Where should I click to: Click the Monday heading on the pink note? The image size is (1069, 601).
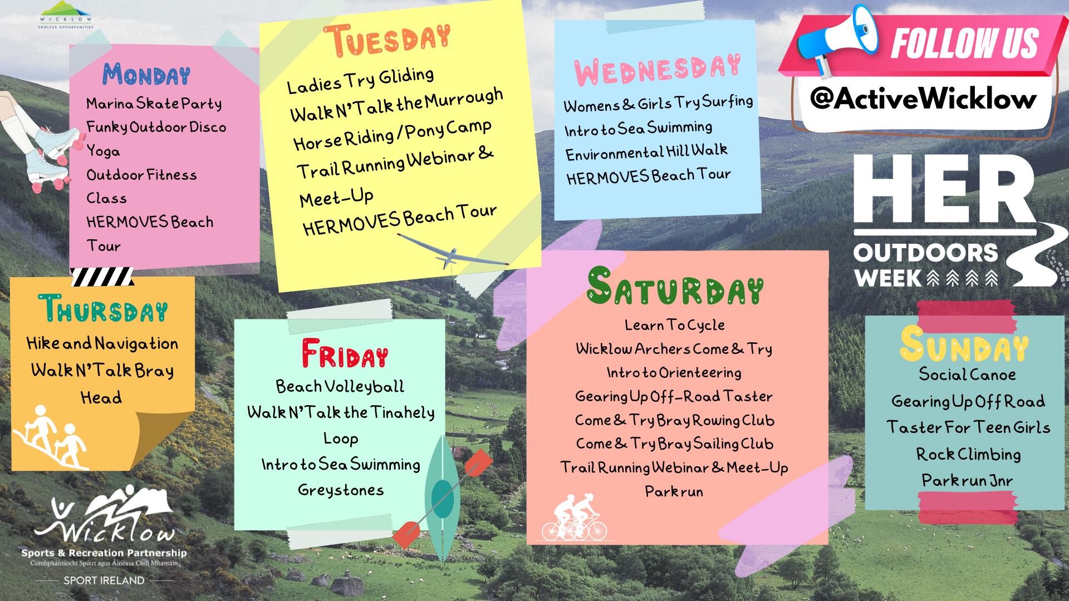(146, 75)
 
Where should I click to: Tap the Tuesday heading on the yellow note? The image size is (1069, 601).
(388, 40)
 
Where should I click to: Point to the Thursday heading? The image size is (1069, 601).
(103, 308)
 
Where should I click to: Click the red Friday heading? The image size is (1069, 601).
(345, 353)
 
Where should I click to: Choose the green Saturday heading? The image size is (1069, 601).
(675, 286)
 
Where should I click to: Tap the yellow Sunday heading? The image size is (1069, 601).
(964, 344)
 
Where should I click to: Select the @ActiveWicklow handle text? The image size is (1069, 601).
(924, 98)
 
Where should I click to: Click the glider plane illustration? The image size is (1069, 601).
(452, 254)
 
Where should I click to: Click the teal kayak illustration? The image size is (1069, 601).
(443, 498)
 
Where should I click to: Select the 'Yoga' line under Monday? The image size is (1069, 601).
(103, 151)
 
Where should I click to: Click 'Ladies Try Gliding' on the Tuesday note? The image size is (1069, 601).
(360, 81)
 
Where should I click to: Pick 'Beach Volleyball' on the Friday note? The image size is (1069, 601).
(340, 386)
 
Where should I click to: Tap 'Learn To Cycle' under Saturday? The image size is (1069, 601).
(675, 325)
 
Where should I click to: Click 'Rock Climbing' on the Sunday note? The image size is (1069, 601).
(969, 454)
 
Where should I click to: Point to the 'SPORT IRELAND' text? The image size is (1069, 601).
(104, 580)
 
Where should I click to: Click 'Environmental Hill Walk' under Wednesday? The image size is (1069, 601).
(646, 151)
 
